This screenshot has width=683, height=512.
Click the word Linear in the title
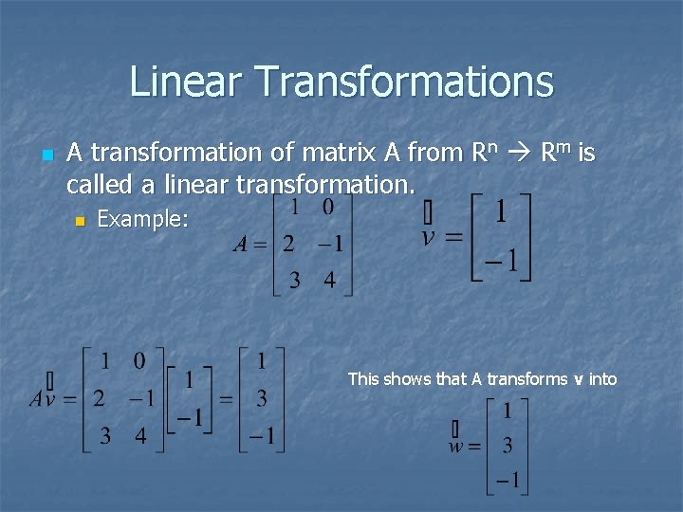[x=186, y=82]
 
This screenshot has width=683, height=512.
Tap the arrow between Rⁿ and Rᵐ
[x=519, y=153]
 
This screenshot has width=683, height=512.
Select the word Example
[x=143, y=220]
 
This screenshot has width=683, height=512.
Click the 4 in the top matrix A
[x=329, y=281]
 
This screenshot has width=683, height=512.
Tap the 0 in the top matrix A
[x=328, y=207]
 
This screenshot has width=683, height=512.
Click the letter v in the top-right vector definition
[x=429, y=234]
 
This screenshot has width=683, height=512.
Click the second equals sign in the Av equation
[x=227, y=398]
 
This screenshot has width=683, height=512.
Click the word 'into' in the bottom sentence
[x=602, y=379]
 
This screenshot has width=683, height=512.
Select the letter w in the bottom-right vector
[x=458, y=446]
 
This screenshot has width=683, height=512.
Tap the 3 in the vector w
[x=508, y=446]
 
